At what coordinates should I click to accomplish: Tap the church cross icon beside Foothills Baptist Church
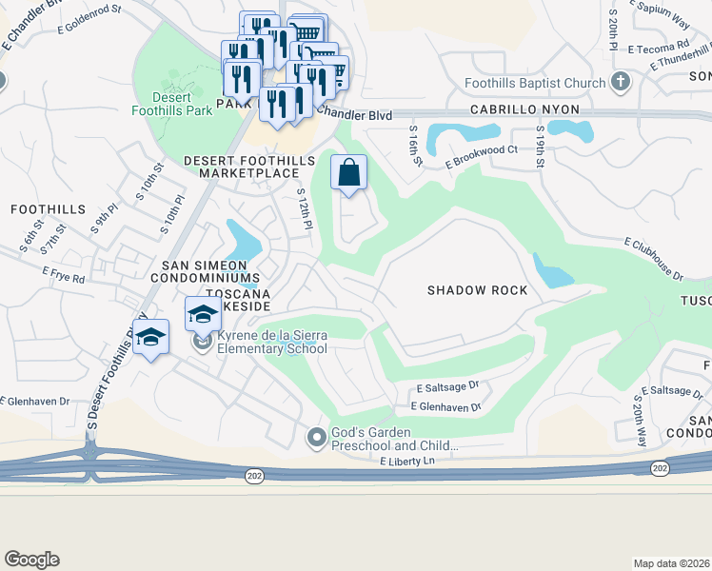coord(621,82)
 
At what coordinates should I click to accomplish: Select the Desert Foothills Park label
coord(172,104)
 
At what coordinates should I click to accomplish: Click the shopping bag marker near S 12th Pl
coord(349,173)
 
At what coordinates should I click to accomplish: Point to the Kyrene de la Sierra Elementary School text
coord(271,342)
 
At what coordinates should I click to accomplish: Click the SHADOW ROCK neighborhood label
coord(477,290)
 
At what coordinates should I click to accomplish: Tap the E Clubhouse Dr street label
coord(654,260)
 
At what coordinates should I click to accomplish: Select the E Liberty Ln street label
coord(406,462)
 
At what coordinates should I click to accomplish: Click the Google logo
coord(31,560)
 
